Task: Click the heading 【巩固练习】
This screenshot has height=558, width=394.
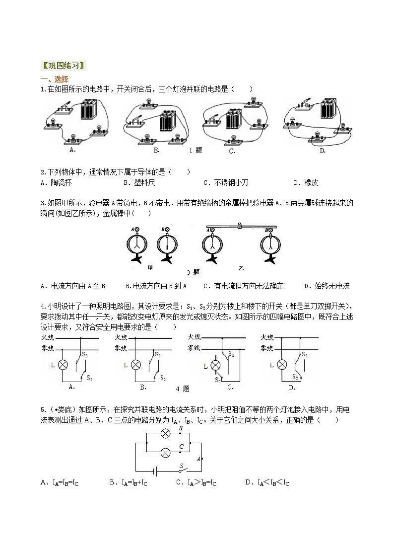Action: tap(63, 66)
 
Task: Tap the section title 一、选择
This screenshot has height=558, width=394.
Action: tap(55, 79)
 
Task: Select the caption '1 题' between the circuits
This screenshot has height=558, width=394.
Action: tap(196, 150)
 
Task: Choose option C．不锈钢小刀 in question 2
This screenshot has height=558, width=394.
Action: tap(226, 182)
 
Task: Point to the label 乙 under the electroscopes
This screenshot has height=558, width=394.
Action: tap(241, 268)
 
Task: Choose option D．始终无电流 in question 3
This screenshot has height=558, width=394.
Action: tap(327, 286)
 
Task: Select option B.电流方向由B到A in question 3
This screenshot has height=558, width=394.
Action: tap(156, 286)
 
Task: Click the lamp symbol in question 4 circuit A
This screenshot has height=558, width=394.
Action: tap(63, 365)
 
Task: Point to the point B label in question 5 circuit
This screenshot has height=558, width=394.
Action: tap(181, 428)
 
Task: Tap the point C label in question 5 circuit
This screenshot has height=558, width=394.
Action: tap(182, 447)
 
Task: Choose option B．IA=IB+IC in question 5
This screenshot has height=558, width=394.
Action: tap(129, 482)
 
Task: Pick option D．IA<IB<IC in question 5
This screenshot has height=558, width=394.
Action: tap(267, 482)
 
